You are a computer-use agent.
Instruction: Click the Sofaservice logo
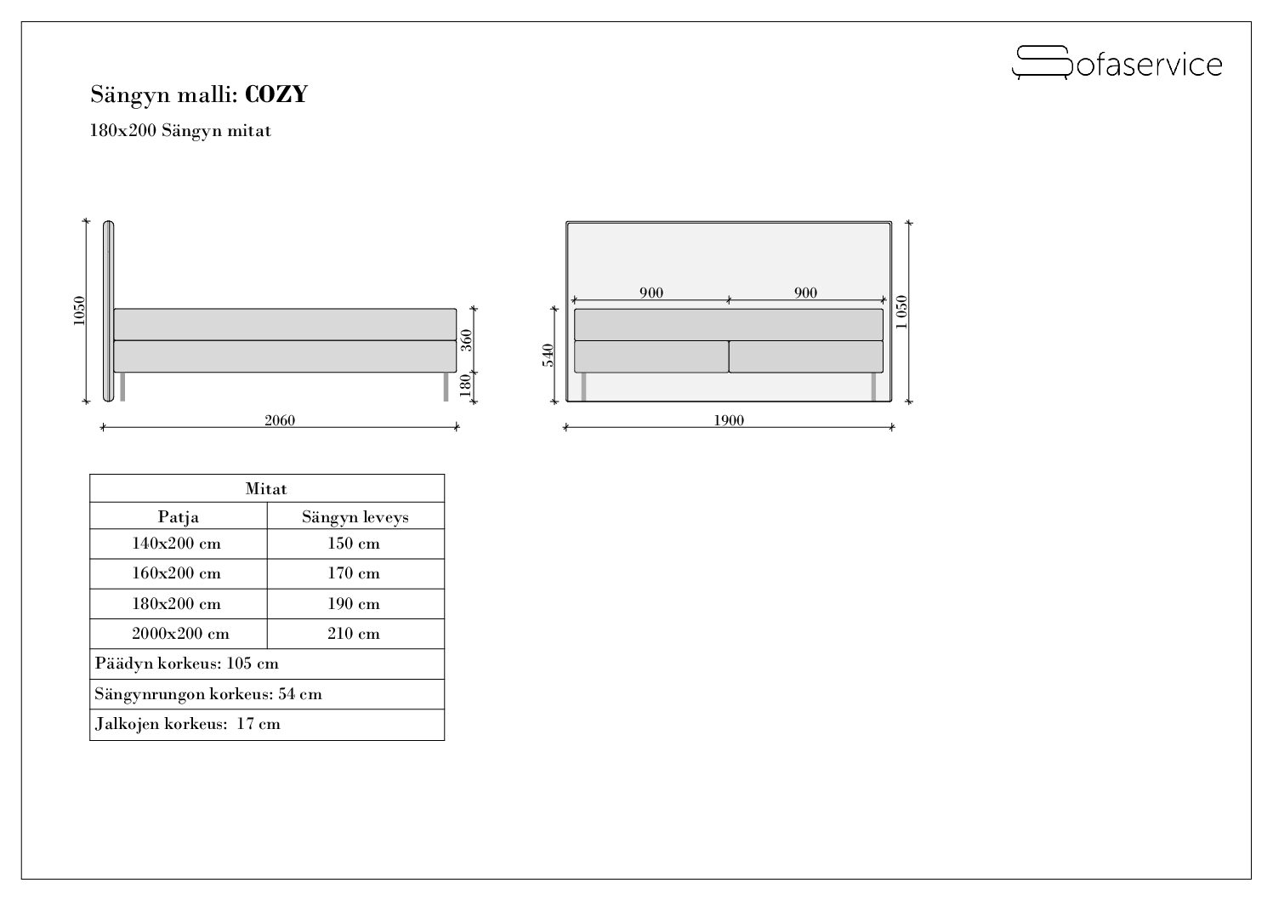(x=1117, y=63)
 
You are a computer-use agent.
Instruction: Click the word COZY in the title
(x=276, y=94)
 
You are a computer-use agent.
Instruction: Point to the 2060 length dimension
(x=280, y=420)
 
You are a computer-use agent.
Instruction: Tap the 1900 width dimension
(x=729, y=420)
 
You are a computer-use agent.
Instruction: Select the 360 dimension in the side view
(x=466, y=340)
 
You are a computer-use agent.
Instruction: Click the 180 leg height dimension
(x=465, y=385)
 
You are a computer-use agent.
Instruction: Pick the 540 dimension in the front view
(x=548, y=356)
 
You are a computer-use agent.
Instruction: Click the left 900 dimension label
(x=651, y=293)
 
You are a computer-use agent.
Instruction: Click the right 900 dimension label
(x=805, y=293)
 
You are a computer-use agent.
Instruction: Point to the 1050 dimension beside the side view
(x=79, y=311)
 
